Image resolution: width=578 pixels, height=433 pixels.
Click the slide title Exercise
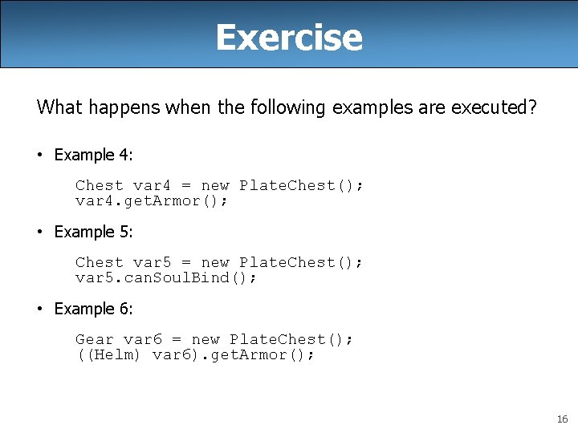pos(289,37)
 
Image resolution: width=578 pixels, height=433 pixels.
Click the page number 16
pos(560,419)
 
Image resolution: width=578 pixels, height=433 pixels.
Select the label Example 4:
pos(93,155)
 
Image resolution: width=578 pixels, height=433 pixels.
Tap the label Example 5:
pos(93,232)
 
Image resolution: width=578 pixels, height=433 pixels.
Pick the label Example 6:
pos(93,309)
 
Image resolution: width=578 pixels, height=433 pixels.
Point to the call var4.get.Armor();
pos(152,200)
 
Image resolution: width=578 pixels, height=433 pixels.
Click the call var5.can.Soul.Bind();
pos(166,277)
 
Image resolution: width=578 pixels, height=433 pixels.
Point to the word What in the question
pos(58,107)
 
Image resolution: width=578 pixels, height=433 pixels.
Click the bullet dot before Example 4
pos(40,155)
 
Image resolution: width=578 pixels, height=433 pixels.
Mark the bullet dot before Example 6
pos(40,309)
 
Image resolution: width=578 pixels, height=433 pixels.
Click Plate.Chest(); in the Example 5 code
pos(301,262)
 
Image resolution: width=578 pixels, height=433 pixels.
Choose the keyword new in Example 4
pos(215,185)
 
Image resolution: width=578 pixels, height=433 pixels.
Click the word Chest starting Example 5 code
pos(100,262)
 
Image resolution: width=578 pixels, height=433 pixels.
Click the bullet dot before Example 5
pos(40,232)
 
